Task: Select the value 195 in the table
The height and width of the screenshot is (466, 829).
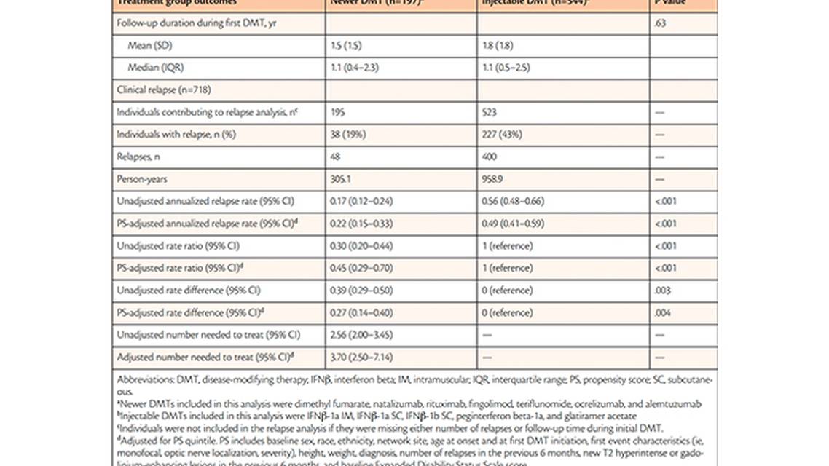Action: [339, 112]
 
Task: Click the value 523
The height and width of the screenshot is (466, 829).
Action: [489, 112]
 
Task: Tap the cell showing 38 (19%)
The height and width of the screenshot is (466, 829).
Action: [350, 135]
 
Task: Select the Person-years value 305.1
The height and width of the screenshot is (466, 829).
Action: [341, 179]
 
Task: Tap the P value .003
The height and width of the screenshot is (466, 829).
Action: [661, 291]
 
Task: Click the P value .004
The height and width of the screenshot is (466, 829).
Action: [661, 312]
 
